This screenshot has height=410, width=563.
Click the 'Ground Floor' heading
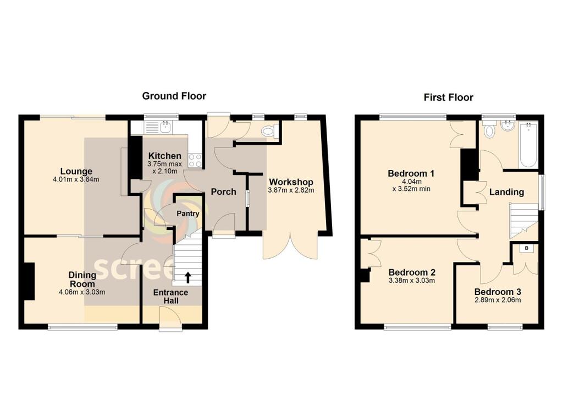[174, 96]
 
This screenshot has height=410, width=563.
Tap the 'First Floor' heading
[448, 97]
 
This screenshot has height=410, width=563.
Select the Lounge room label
[76, 171]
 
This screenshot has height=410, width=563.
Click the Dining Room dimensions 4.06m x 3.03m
[82, 292]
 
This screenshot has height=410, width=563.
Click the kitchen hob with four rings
[195, 160]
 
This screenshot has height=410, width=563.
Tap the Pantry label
[187, 214]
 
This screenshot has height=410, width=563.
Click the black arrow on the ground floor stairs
[188, 276]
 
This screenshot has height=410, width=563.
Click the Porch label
[224, 192]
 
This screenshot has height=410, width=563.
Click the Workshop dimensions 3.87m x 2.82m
[291, 190]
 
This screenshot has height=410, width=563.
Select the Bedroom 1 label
[411, 173]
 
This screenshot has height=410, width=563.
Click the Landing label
[506, 192]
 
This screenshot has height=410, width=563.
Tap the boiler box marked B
[527, 249]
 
